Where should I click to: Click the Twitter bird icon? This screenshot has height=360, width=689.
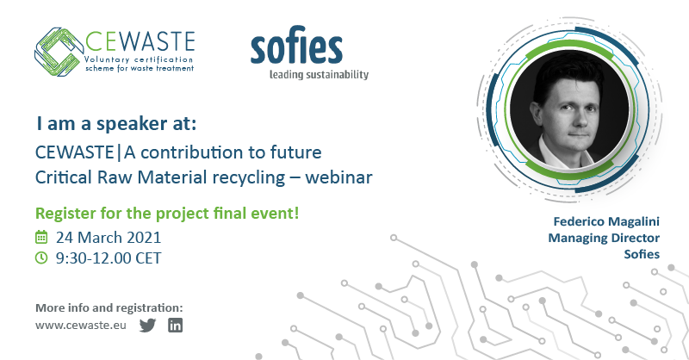point(147,326)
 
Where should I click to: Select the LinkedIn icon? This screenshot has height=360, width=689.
point(176,326)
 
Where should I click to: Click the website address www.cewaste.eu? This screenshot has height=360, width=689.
point(82,326)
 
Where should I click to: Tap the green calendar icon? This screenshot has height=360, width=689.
point(40,237)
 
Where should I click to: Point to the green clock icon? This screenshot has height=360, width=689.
point(40,258)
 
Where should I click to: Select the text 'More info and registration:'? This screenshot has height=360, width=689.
point(109,307)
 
